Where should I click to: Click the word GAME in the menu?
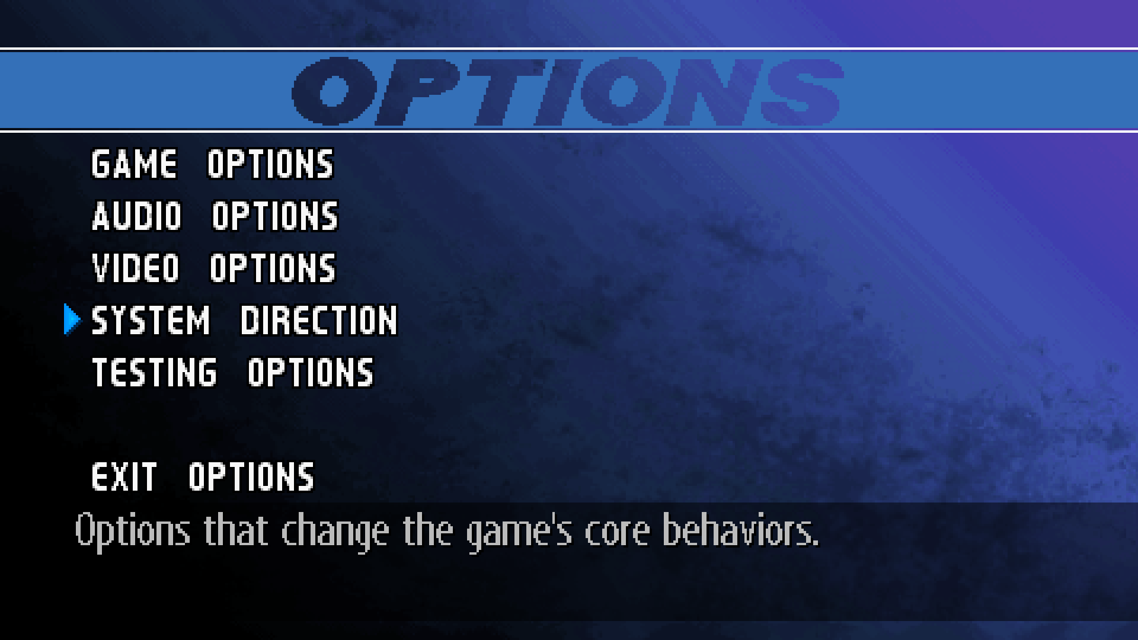pyautogui.click(x=135, y=164)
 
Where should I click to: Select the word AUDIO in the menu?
pyautogui.click(x=137, y=216)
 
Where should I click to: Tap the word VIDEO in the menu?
pyautogui.click(x=136, y=268)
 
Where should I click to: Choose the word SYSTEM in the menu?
pyautogui.click(x=151, y=321)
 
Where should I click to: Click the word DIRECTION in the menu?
pyautogui.click(x=319, y=321)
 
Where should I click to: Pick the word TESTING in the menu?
pyautogui.click(x=155, y=373)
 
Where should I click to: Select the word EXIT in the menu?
pyautogui.click(x=124, y=477)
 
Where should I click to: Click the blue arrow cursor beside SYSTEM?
pyautogui.click(x=72, y=320)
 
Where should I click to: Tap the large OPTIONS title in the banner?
pyautogui.click(x=567, y=91)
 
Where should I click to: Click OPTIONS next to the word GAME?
pyautogui.click(x=271, y=164)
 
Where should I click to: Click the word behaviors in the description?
pyautogui.click(x=740, y=530)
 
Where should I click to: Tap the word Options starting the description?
pyautogui.click(x=132, y=531)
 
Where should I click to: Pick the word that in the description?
pyautogui.click(x=235, y=530)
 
